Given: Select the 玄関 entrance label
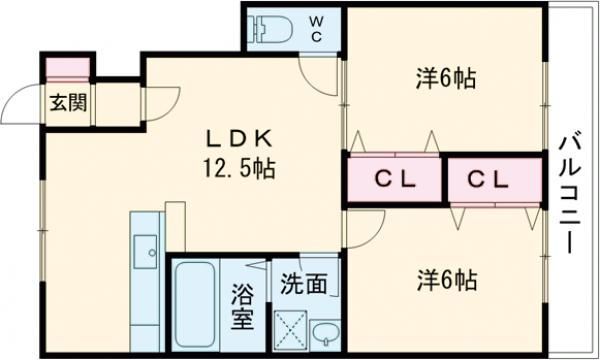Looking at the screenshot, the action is (67, 101).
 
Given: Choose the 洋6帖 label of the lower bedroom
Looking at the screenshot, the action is (447, 279).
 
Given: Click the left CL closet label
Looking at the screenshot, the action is (394, 180).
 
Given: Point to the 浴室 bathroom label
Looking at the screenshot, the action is (243, 308).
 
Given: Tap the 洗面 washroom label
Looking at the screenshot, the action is (302, 284).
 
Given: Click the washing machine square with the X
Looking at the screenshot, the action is (290, 329).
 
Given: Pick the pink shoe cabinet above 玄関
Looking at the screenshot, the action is (68, 69).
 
